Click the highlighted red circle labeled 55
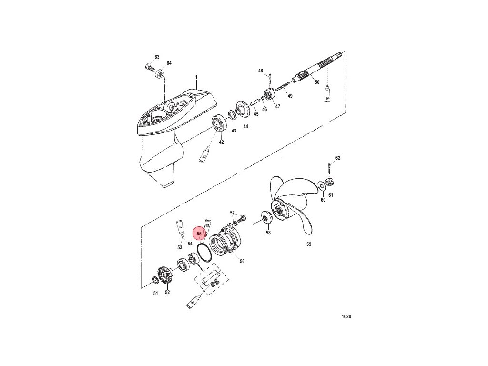[199, 234]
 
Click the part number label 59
[308, 244]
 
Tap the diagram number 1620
[346, 316]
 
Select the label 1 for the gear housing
[196, 77]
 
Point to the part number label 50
[316, 82]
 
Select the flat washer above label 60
[322, 186]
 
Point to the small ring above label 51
[155, 279]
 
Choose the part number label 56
[242, 261]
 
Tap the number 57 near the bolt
[233, 213]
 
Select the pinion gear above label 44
[244, 111]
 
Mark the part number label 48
[261, 71]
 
